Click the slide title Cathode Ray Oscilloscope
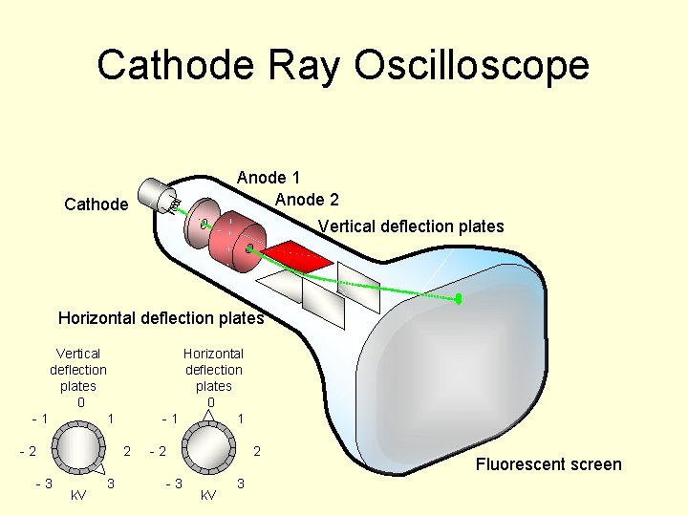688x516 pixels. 343,66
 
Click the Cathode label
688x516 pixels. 96,204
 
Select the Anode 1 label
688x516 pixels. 269,178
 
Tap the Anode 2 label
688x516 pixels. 306,200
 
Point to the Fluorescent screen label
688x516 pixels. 548,464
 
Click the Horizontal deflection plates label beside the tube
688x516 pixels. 161,317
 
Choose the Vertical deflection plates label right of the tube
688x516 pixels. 411,226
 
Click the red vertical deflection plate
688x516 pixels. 298,254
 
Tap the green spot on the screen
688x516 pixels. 459,299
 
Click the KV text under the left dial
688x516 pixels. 79,495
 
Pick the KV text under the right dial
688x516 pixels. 207,495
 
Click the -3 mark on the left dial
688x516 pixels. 44,484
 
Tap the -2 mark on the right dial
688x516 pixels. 158,451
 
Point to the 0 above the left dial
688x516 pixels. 80,402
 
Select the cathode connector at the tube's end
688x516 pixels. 159,197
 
